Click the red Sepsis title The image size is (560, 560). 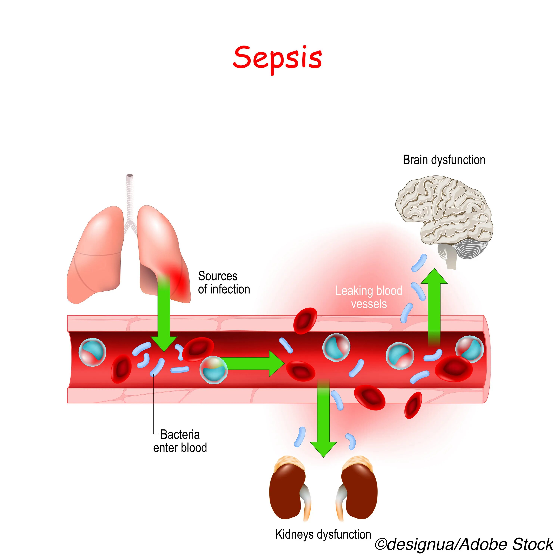[x=277, y=58]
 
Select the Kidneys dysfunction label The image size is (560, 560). [x=323, y=534]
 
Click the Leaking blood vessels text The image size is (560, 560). [x=369, y=297]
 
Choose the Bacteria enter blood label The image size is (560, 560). [x=180, y=441]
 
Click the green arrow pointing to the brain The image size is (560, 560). [x=434, y=307]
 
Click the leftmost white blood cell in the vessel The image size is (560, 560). [x=92, y=352]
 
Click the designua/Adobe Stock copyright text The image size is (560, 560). [x=464, y=544]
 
